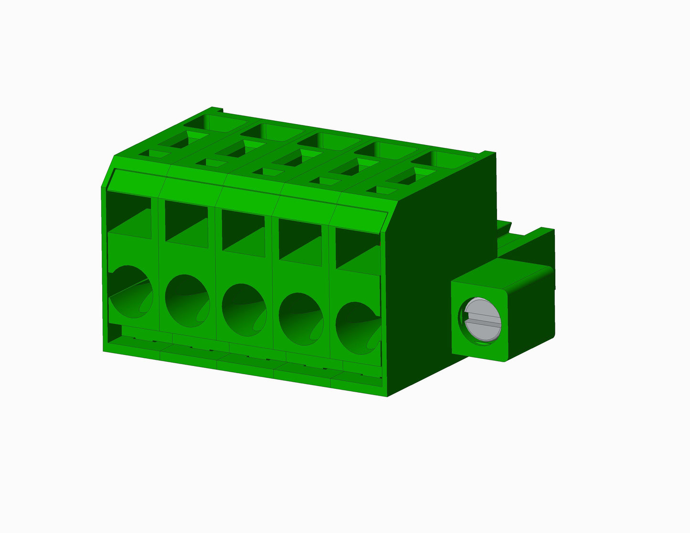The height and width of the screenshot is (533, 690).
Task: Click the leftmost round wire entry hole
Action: pyautogui.click(x=131, y=292)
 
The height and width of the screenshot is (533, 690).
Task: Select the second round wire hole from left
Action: pyautogui.click(x=188, y=301)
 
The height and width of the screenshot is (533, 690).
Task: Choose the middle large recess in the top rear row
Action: pyautogui.click(x=329, y=141)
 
